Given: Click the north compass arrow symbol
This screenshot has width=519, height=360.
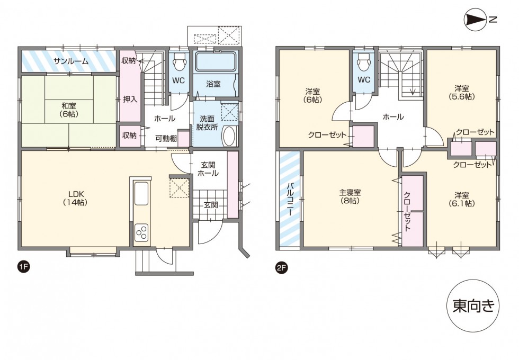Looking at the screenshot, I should (475, 20).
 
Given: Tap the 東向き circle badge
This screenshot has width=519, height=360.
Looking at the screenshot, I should (473, 305).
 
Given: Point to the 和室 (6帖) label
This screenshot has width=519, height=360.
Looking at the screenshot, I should (67, 109).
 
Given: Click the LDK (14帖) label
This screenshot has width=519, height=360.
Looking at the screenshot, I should (74, 197).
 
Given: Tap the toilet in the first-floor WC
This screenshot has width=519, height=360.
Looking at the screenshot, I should (180, 63).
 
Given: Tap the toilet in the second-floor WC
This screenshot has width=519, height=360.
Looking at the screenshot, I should (363, 63).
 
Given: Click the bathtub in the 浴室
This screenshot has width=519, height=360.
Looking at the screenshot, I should (216, 62).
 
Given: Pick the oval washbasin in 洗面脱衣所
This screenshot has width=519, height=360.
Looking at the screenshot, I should (229, 136).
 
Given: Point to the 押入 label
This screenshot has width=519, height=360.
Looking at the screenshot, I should (130, 98).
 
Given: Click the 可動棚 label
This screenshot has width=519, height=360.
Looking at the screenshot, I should (166, 138).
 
